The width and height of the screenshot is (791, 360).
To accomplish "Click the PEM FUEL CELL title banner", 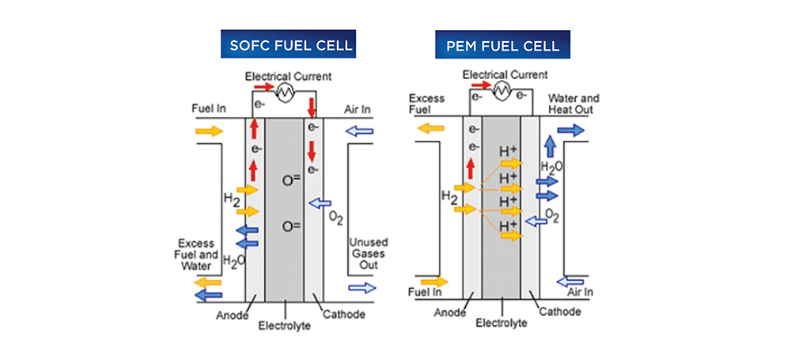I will [x=502, y=45].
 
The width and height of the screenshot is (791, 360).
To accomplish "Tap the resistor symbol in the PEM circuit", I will [x=501, y=91].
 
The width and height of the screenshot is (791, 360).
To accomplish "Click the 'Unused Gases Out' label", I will [x=367, y=253].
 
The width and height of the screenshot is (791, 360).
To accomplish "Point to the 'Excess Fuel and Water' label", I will [x=199, y=256].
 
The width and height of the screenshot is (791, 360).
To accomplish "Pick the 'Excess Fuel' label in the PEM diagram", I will [x=426, y=104].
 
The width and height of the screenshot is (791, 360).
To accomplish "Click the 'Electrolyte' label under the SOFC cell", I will [x=284, y=327].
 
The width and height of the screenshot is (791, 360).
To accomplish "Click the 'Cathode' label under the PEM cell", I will [x=560, y=312].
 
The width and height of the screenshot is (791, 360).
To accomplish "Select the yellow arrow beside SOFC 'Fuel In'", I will [x=210, y=131].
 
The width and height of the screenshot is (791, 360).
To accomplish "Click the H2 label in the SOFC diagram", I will [x=231, y=201].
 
